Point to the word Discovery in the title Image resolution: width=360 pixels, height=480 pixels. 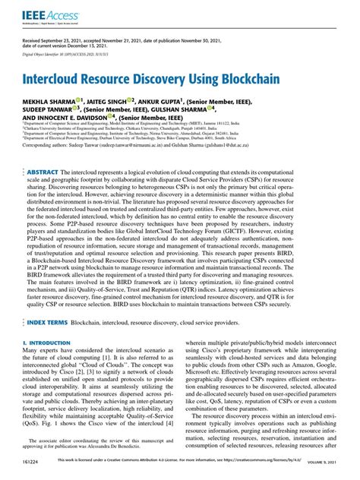coord(163,77)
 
